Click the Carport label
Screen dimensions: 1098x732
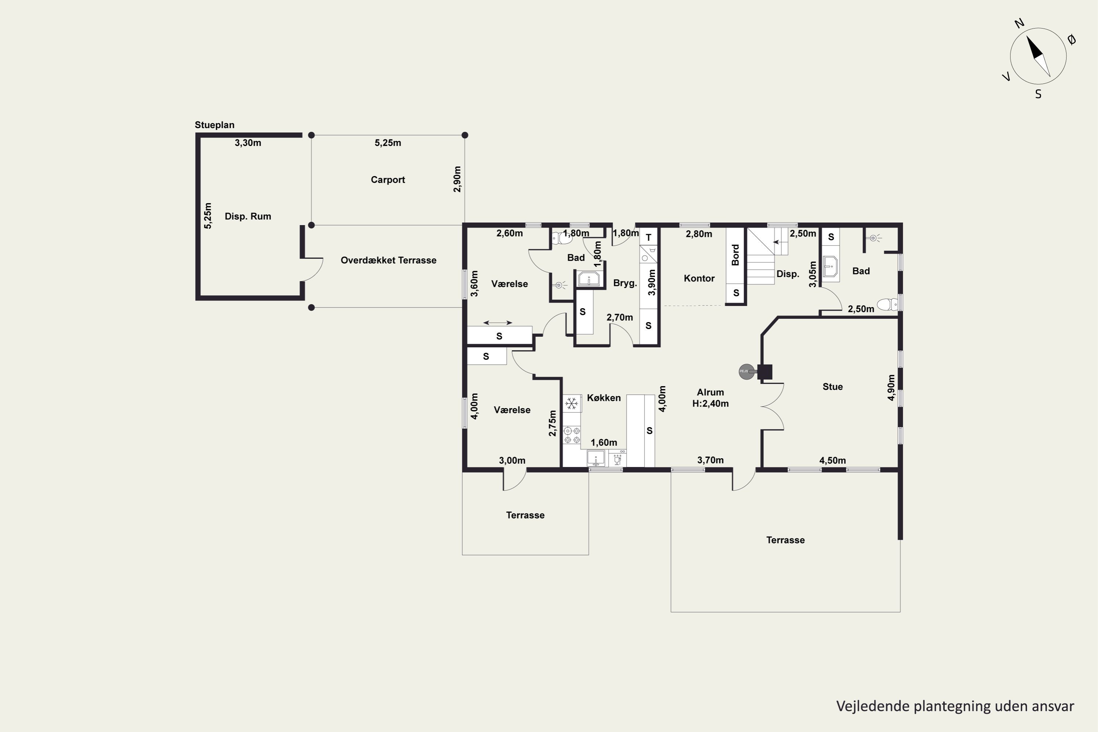pos(388,180)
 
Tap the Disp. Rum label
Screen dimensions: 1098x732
pos(248,216)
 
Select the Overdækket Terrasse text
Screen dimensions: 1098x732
pos(388,260)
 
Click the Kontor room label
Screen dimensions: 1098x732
pos(699,278)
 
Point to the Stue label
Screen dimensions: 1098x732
pos(832,386)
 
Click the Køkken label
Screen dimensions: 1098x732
pos(604,398)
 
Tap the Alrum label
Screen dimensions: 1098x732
pos(710,392)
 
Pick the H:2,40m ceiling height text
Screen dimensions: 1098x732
pos(710,404)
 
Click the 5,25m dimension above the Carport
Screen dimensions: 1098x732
pos(388,143)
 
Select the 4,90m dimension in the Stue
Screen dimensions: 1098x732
pos(891,388)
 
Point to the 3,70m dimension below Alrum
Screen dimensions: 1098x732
pos(710,460)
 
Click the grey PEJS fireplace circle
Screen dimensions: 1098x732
pos(746,371)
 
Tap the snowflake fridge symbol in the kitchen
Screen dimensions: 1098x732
pos(571,403)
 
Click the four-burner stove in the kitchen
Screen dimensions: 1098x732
pos(572,435)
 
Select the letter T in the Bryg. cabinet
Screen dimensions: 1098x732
pos(649,238)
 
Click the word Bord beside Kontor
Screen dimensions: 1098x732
pos(735,255)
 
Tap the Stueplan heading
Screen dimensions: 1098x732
pos(214,125)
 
